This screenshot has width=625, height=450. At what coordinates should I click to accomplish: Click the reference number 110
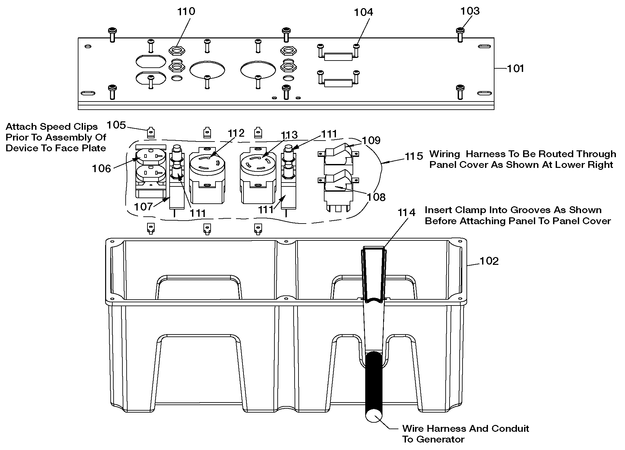(186, 11)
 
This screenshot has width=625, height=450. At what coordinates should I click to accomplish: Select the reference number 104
(363, 12)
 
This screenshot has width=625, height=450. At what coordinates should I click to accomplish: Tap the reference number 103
(470, 11)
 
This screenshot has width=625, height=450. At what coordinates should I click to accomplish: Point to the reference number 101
(516, 69)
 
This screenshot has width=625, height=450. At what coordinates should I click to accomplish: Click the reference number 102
(489, 261)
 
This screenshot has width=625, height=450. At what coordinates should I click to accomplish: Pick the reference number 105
(116, 125)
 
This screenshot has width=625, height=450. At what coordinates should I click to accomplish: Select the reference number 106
(102, 168)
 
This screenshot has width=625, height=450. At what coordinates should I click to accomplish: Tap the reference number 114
(407, 212)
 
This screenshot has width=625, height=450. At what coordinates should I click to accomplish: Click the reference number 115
(414, 157)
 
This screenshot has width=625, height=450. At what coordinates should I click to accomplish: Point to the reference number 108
(376, 197)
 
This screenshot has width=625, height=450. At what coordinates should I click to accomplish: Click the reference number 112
(236, 133)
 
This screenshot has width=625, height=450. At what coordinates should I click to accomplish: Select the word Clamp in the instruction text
(471, 210)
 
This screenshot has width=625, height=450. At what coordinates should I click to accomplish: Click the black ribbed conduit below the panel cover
(373, 384)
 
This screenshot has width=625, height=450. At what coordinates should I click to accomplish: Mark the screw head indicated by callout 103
(460, 31)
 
